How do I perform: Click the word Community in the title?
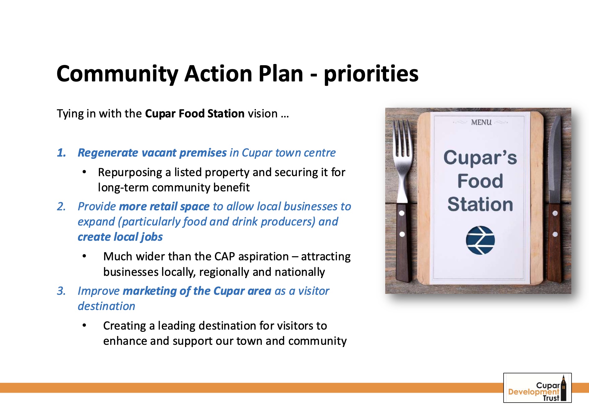point(117,74)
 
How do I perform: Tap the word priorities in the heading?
point(371,74)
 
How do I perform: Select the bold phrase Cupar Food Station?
point(195,113)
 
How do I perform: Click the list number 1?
point(62,153)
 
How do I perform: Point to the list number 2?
point(62,206)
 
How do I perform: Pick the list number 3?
point(62,291)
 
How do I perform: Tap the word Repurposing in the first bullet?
point(130,173)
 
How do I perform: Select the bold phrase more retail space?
point(164,206)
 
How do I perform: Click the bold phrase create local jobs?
point(120,237)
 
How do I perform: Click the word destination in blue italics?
point(107,306)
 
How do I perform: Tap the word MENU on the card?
point(481,122)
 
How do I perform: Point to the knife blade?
point(554,158)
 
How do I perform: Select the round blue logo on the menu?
point(480,240)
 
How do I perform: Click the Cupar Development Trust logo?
point(537,388)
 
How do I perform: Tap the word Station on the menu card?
point(480,204)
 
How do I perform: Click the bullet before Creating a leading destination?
point(84,325)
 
